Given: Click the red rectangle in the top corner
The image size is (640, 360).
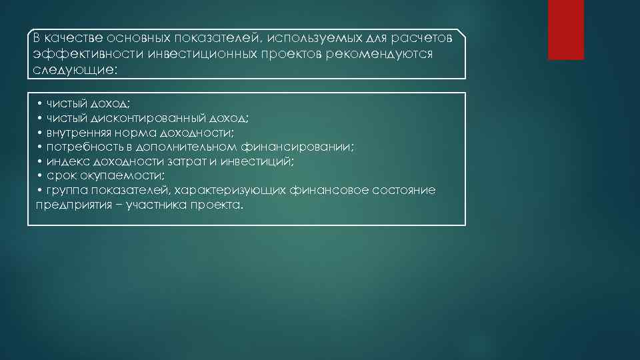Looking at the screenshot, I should click(565, 29).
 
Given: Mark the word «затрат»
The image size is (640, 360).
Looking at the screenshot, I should click(189, 161).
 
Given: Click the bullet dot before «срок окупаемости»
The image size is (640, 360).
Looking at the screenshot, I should click(40, 175).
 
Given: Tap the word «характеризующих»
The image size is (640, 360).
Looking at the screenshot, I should click(230, 190).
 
